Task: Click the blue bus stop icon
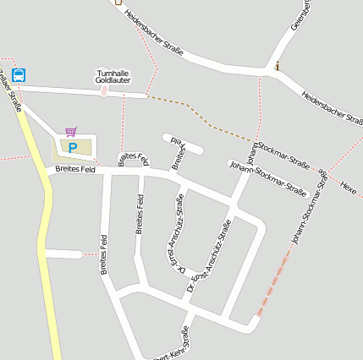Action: [19, 74]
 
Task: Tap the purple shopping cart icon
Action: [70, 132]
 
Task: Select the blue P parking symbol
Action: [73, 148]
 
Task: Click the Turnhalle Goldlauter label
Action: [113, 76]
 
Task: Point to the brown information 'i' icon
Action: [277, 65]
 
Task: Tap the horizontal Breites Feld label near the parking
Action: [74, 169]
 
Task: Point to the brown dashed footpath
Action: [203, 118]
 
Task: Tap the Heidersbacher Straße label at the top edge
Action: [153, 33]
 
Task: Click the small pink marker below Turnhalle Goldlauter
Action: [104, 90]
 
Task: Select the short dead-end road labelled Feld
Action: [184, 145]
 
